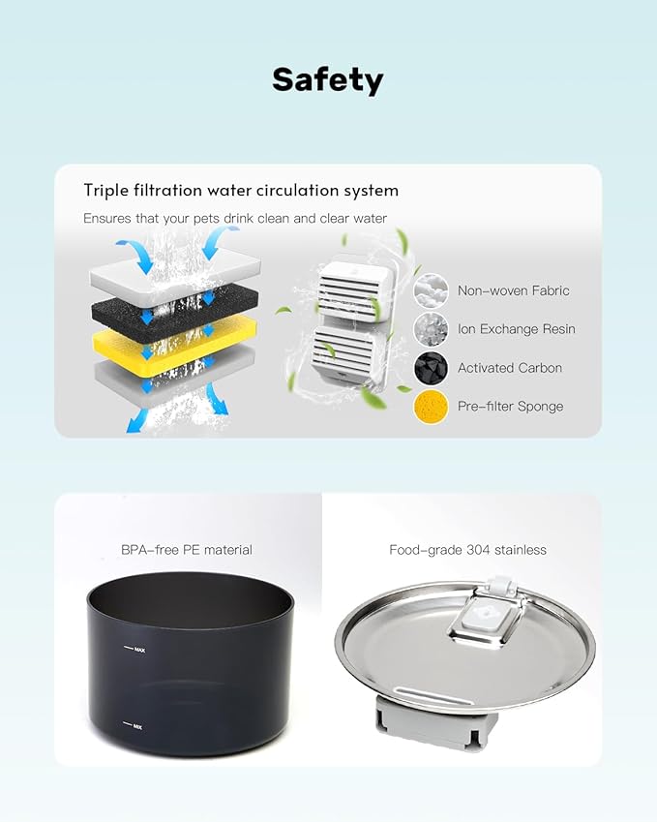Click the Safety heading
pyautogui.click(x=328, y=80)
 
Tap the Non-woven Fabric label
pyautogui.click(x=514, y=290)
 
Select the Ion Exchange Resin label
pyautogui.click(x=517, y=328)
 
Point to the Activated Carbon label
pyautogui.click(x=510, y=368)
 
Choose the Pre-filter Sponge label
pyautogui.click(x=510, y=407)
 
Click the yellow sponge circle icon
pyautogui.click(x=432, y=407)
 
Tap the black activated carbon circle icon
pyautogui.click(x=432, y=368)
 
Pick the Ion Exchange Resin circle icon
pyautogui.click(x=432, y=329)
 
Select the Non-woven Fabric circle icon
pyautogui.click(x=432, y=290)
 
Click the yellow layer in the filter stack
pyautogui.click(x=174, y=345)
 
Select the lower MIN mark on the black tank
pyautogui.click(x=134, y=726)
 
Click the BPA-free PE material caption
pyautogui.click(x=187, y=550)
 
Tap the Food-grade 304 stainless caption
pyautogui.click(x=468, y=550)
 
